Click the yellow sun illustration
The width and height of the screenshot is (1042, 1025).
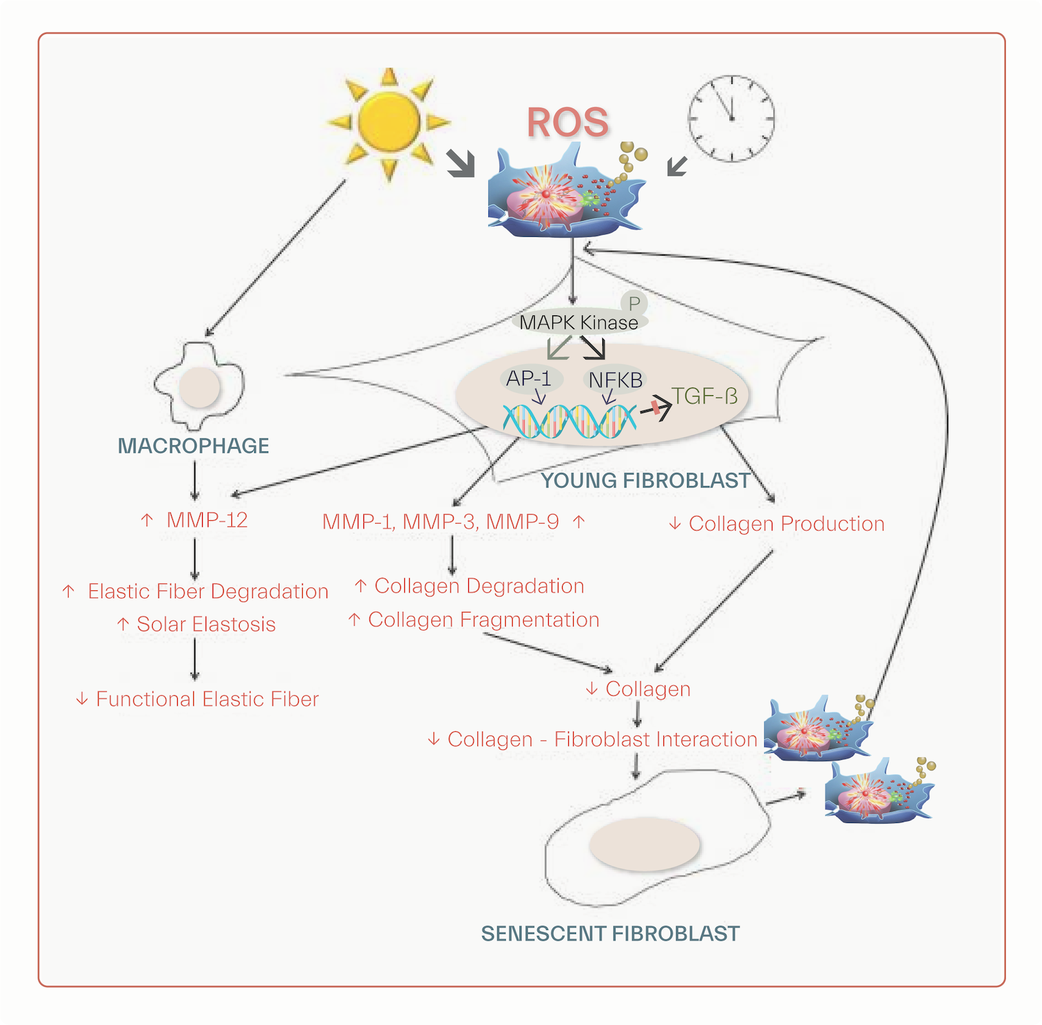(389, 122)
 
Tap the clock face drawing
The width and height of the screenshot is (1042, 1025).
(731, 119)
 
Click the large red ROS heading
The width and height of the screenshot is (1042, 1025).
(568, 123)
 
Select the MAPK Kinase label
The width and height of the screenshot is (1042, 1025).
(579, 323)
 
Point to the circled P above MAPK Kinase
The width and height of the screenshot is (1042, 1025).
(634, 303)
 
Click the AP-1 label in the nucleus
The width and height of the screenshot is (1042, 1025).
(529, 378)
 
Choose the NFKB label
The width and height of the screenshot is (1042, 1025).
(615, 381)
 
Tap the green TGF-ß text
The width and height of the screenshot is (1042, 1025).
(704, 396)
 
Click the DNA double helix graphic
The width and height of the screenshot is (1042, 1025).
(570, 421)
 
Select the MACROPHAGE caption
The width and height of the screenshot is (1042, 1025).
(193, 446)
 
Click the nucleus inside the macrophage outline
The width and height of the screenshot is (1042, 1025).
(200, 387)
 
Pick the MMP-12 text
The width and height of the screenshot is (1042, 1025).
(206, 520)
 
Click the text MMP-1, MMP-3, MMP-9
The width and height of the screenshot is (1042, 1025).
(440, 522)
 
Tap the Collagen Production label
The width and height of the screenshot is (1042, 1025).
(786, 524)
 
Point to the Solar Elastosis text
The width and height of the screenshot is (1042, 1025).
(206, 624)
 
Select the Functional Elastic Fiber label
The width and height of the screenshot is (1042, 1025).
(207, 699)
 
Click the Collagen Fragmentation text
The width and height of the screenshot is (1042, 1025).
(483, 619)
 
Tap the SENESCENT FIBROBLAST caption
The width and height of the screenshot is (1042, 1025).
(610, 934)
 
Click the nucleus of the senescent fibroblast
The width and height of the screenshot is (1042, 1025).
(644, 844)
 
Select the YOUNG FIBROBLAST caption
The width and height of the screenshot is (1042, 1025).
(645, 481)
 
